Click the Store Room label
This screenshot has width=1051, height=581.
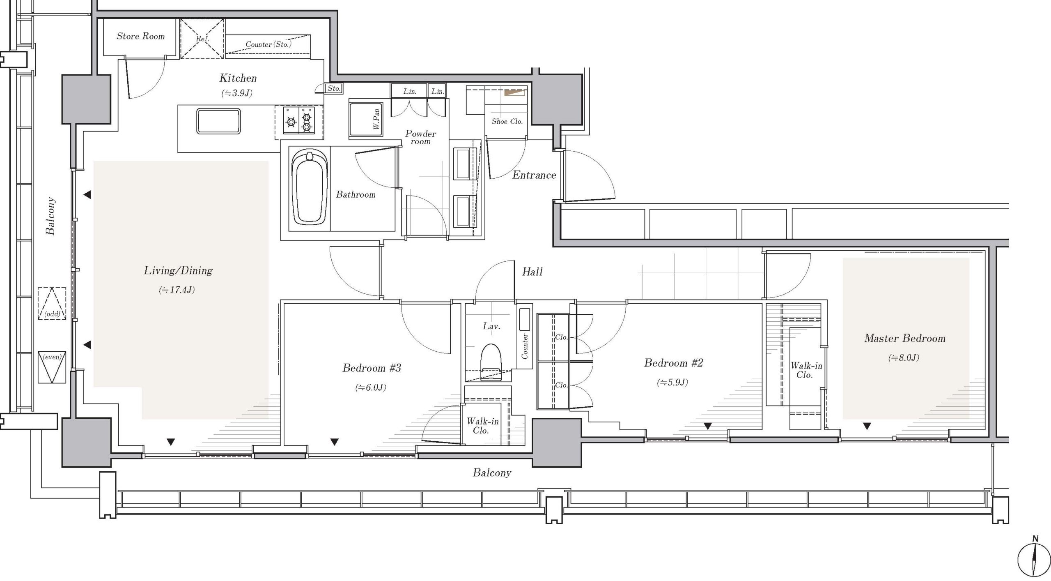click(140, 36)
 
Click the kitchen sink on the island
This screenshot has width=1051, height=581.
click(218, 121)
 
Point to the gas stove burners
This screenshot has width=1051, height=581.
click(299, 120)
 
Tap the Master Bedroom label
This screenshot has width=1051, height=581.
click(905, 338)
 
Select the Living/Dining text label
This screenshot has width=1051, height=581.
click(178, 271)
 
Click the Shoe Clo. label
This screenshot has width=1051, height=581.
click(507, 121)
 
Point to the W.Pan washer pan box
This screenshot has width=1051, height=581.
click(366, 120)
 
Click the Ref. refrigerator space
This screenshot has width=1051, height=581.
click(202, 39)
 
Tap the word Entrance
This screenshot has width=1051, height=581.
click(534, 175)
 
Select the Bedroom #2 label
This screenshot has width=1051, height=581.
click(674, 363)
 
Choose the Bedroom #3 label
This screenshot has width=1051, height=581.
click(372, 368)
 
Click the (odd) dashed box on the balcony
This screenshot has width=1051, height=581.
click(52, 303)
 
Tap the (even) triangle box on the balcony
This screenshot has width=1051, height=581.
click(52, 367)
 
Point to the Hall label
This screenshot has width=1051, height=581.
click(532, 272)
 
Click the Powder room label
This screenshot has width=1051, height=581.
click(420, 138)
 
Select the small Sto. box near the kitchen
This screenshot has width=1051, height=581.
click(334, 88)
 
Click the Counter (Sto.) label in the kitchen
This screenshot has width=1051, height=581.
click(268, 44)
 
